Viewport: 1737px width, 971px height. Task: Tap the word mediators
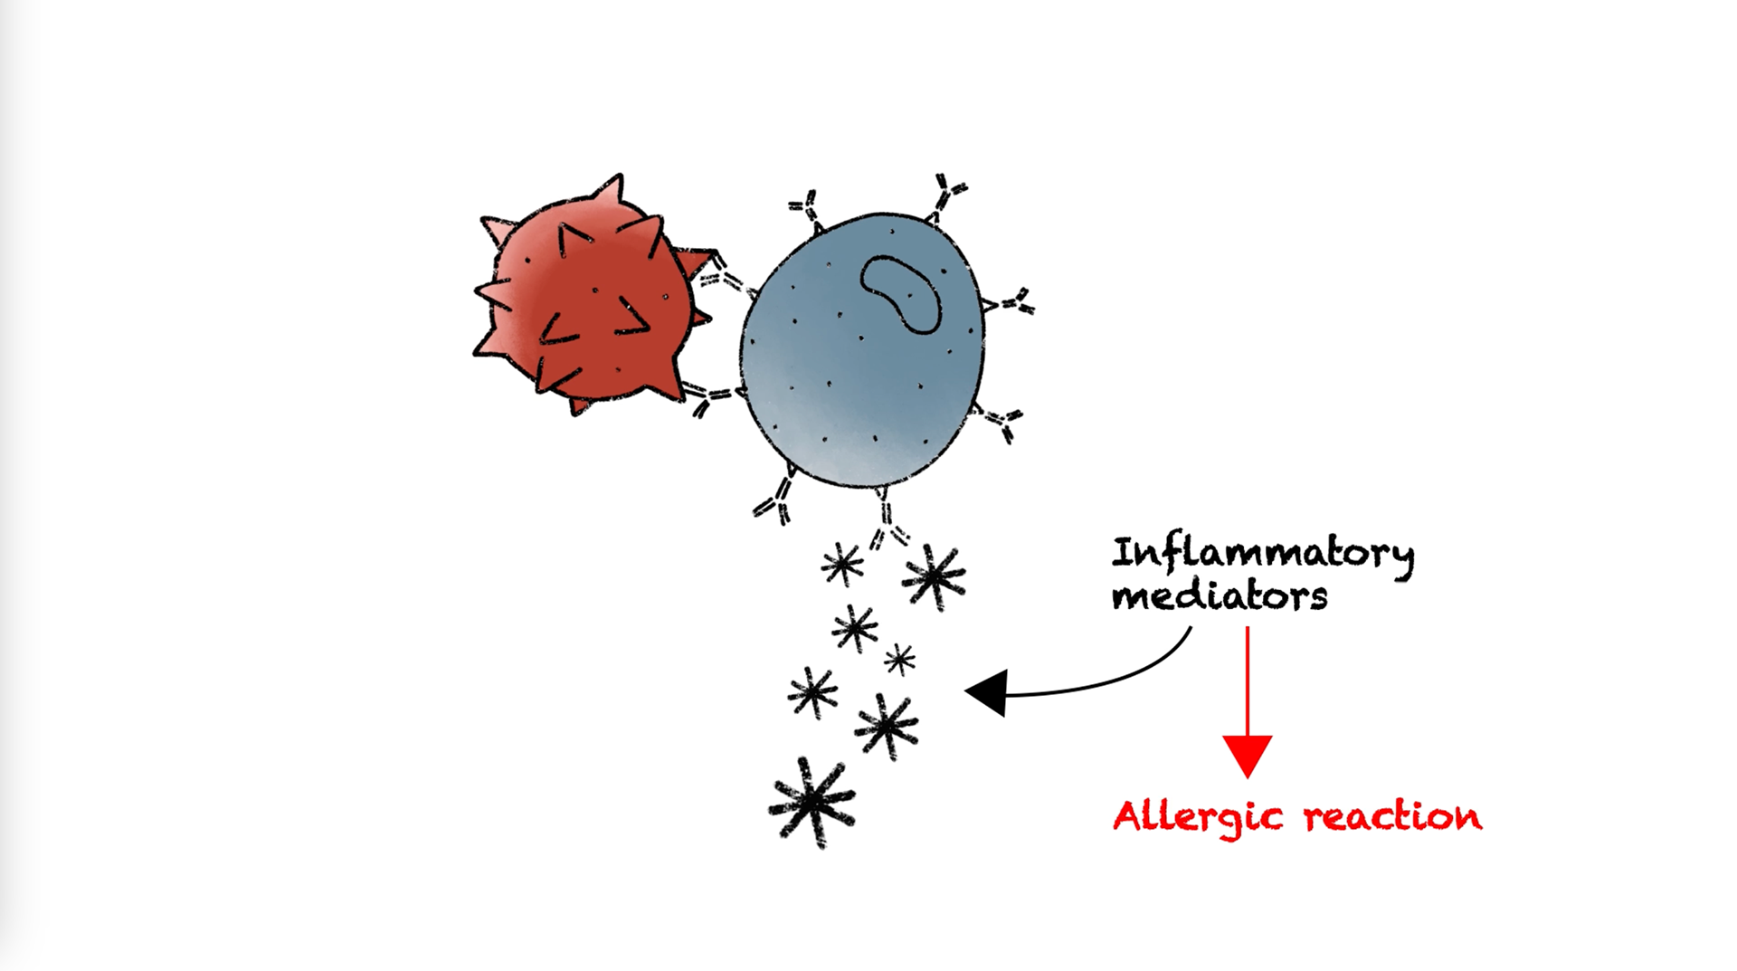[1219, 596]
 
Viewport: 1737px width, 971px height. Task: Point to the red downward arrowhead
[1247, 755]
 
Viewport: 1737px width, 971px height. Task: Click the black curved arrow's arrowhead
[988, 693]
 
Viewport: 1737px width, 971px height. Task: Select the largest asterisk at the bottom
[812, 801]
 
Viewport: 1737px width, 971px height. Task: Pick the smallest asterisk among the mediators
[899, 659]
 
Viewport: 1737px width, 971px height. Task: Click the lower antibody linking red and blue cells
[709, 396]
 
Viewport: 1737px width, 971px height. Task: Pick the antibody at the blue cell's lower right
[1001, 421]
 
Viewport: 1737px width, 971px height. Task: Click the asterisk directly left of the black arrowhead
[887, 724]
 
